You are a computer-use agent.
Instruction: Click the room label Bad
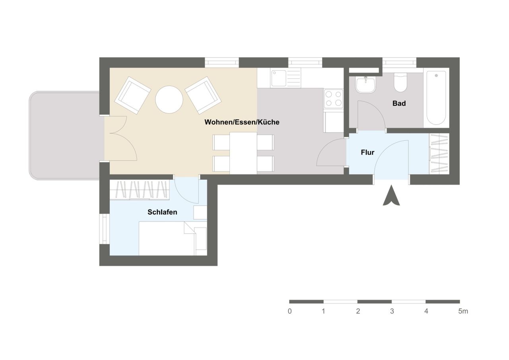coord(399,103)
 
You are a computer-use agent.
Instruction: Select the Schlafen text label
coord(162,212)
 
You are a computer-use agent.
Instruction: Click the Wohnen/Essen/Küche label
coord(242,122)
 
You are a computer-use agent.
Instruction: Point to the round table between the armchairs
coord(169,99)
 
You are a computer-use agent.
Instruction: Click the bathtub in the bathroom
coord(436,98)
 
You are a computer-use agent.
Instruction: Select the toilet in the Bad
coord(400,82)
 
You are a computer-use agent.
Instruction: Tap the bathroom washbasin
coord(366,84)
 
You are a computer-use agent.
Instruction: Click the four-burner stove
coord(333,98)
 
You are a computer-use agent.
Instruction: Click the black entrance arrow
coord(391,196)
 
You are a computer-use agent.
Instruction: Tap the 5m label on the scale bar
coord(463,311)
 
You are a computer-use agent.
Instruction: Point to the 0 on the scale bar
coord(290,311)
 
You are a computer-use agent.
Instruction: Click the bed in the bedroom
coord(167,238)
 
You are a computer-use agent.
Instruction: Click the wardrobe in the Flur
coord(439,154)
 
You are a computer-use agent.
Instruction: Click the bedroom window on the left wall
coord(105,229)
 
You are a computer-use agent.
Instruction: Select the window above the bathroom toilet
coord(399,62)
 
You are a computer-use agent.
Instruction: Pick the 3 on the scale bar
coord(392,311)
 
